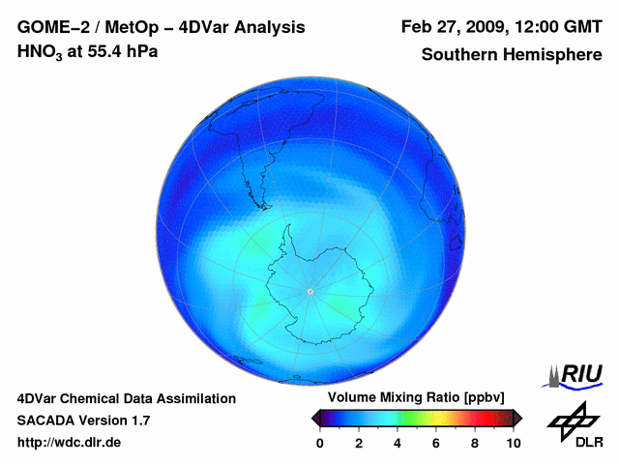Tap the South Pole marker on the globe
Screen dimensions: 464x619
[309, 291]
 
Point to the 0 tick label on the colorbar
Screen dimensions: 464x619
[320, 443]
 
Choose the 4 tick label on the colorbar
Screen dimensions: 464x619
[398, 443]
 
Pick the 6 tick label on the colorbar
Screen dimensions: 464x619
[436, 443]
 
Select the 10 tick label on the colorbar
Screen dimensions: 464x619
[513, 443]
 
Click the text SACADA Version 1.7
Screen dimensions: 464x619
[83, 420]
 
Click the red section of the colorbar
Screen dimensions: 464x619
[474, 418]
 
